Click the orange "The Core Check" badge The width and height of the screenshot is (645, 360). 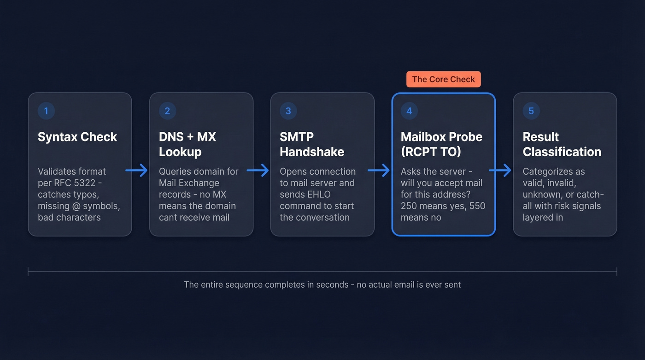pos(443,79)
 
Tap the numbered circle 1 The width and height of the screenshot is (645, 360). pos(46,111)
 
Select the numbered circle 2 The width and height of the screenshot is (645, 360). pos(167,111)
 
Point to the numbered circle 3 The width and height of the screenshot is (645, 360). pos(288,111)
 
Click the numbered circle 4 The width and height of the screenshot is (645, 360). pos(409,111)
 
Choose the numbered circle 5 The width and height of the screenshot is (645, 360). pos(531,111)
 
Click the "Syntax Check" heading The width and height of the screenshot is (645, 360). pos(77,137)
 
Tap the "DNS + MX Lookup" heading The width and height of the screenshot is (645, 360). pos(188,144)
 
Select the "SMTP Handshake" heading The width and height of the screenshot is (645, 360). pos(312,144)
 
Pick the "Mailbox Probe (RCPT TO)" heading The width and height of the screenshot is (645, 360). pos(441,144)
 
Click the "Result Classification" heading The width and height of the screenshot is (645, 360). pos(562,144)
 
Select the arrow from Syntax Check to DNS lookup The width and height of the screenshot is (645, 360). pos(137,171)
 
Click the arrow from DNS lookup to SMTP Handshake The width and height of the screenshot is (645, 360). pos(258,171)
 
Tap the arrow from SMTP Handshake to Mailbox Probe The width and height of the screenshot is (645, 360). pos(379,171)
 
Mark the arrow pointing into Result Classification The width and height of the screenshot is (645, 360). pos(500,171)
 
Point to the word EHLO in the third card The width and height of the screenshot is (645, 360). pos(317,195)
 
